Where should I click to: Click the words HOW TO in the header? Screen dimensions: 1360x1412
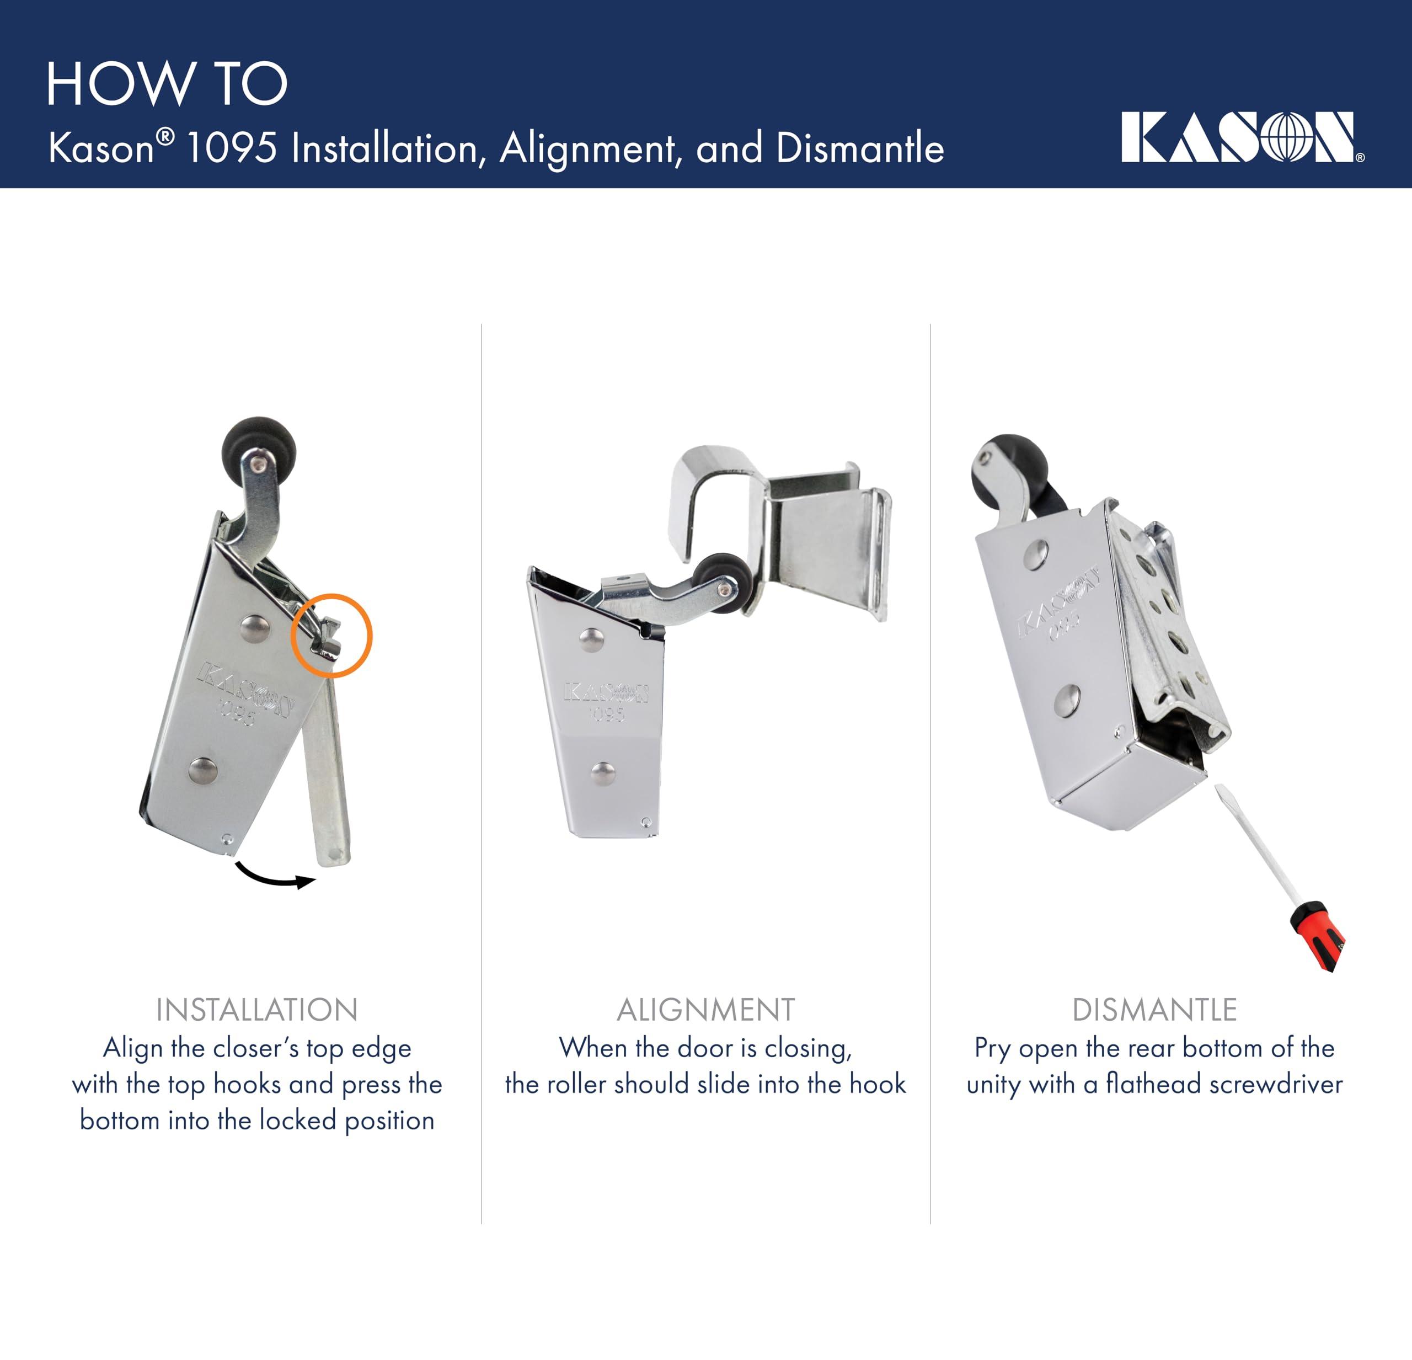(167, 84)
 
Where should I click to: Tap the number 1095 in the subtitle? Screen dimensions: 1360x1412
(231, 148)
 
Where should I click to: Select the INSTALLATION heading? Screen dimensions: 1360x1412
(256, 1010)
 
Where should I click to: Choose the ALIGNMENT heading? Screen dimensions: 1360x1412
(705, 1010)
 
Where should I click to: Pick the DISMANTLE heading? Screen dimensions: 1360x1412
(1154, 1010)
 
